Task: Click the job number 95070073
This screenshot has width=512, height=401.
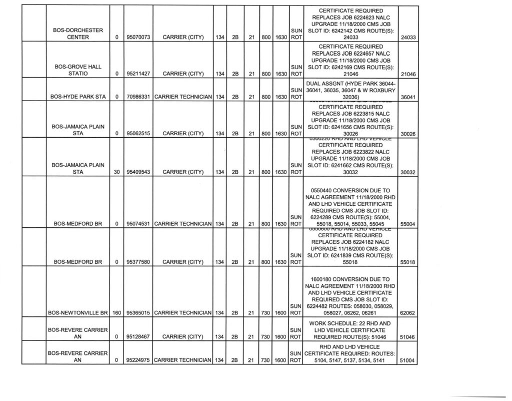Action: pyautogui.click(x=136, y=38)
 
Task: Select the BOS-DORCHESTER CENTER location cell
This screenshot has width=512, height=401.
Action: pyautogui.click(x=77, y=34)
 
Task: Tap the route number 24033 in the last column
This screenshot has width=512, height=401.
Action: pyautogui.click(x=409, y=38)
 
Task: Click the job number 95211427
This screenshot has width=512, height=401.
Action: pyautogui.click(x=136, y=74)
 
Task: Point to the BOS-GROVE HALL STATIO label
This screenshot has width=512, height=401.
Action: pyautogui.click(x=77, y=70)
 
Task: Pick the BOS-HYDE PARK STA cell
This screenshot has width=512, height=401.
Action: pyautogui.click(x=77, y=97)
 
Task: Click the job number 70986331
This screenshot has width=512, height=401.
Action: pyautogui.click(x=136, y=97)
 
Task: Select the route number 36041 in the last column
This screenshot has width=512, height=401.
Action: pyautogui.click(x=409, y=97)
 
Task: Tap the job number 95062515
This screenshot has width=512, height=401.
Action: pyautogui.click(x=136, y=133)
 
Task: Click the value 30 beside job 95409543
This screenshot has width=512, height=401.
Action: pyautogui.click(x=116, y=172)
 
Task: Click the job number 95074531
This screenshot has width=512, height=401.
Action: pyautogui.click(x=136, y=224)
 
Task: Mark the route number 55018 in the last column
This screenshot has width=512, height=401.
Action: pyautogui.click(x=409, y=262)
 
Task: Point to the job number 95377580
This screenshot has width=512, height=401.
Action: pyautogui.click(x=136, y=262)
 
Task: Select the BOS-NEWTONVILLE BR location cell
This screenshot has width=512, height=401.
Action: pyautogui.click(x=77, y=313)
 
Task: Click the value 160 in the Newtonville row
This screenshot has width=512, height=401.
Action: pyautogui.click(x=116, y=313)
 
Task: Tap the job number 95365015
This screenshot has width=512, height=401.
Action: pyautogui.click(x=136, y=313)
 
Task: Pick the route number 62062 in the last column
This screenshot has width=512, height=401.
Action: pyautogui.click(x=409, y=313)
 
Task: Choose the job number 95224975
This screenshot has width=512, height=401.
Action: pyautogui.click(x=136, y=360)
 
